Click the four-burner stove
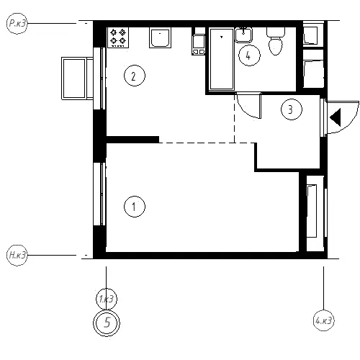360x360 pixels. [x=118, y=37]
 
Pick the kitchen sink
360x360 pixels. [x=160, y=37]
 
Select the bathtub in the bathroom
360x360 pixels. [x=222, y=59]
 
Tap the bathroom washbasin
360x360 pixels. [x=243, y=35]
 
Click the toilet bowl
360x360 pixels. [x=276, y=46]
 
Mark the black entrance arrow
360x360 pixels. [x=336, y=117]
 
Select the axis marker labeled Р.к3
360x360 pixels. [x=17, y=23]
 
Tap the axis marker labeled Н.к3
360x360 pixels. [x=17, y=255]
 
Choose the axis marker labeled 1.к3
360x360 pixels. [x=107, y=299]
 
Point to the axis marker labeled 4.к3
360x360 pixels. [x=324, y=320]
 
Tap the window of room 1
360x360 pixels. [x=99, y=194]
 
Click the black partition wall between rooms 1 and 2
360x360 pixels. [x=132, y=140]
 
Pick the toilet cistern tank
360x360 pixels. [x=276, y=32]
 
